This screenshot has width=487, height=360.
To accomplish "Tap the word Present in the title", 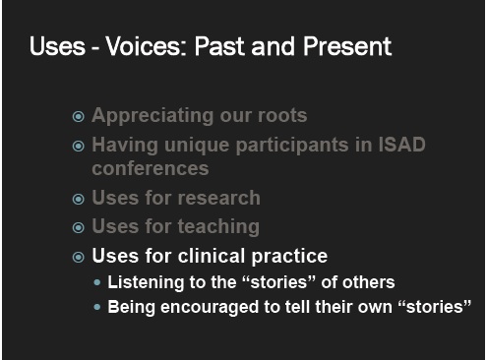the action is click(x=347, y=46).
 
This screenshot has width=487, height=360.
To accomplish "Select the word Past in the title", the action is click(x=220, y=46).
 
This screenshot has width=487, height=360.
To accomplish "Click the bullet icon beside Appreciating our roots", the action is click(x=79, y=116).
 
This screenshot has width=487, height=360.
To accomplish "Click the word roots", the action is click(x=282, y=116).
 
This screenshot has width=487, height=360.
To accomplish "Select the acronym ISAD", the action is click(x=401, y=145).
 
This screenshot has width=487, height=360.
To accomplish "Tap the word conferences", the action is click(x=151, y=168).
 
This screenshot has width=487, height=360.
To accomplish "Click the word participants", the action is click(x=292, y=146).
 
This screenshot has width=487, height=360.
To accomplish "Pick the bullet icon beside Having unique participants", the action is click(x=79, y=146).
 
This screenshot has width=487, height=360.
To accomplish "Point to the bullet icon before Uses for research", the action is click(x=79, y=199).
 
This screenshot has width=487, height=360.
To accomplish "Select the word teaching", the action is click(x=218, y=227).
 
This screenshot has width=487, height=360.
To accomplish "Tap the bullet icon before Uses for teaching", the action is click(x=79, y=227).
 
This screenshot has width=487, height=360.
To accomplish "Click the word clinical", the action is click(x=212, y=256).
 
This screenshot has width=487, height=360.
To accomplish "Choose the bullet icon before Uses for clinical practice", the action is click(x=79, y=257).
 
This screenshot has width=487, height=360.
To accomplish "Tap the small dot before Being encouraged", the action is click(x=97, y=307).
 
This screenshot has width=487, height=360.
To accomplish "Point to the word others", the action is click(x=368, y=282).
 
